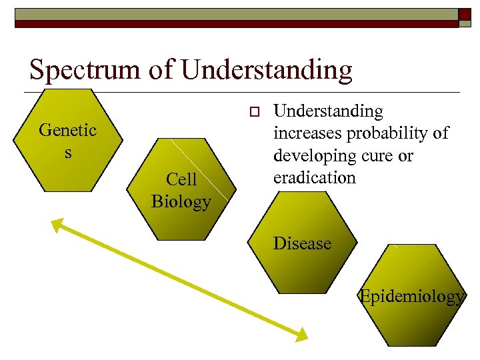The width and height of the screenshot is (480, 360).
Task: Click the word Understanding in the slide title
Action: (x=266, y=69)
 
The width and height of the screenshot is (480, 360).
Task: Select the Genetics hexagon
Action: (x=67, y=139)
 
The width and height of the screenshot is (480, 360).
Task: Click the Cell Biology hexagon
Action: (x=181, y=189)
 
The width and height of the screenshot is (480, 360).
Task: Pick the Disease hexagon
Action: (x=302, y=243)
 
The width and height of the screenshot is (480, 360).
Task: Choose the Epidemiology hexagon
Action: (x=411, y=296)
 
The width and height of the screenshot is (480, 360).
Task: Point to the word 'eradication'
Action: (x=315, y=177)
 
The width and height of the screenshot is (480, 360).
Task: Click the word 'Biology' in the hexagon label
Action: (x=181, y=201)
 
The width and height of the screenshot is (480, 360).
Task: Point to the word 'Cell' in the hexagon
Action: (x=181, y=179)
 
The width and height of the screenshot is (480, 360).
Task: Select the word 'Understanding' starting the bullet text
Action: (x=329, y=111)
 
